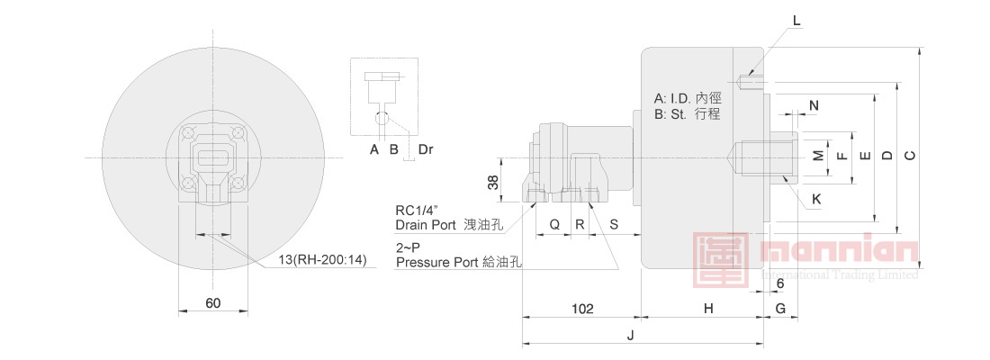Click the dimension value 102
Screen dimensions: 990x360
(x=582, y=308)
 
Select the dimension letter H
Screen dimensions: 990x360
(x=708, y=308)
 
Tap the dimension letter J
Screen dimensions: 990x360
(x=629, y=336)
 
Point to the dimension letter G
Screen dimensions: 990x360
(x=780, y=308)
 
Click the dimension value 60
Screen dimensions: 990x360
(x=212, y=303)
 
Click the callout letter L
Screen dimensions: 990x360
(x=796, y=20)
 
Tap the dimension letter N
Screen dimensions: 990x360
(x=814, y=105)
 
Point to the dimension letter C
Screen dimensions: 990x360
(x=909, y=156)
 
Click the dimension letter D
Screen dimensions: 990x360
(x=886, y=156)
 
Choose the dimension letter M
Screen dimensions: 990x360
(x=818, y=156)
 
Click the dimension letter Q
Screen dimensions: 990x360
(x=553, y=224)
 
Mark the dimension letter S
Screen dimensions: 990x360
(x=614, y=224)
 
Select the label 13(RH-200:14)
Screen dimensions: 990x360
(x=322, y=260)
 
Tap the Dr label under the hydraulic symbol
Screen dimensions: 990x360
(x=427, y=149)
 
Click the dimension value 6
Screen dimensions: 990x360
(x=780, y=284)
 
